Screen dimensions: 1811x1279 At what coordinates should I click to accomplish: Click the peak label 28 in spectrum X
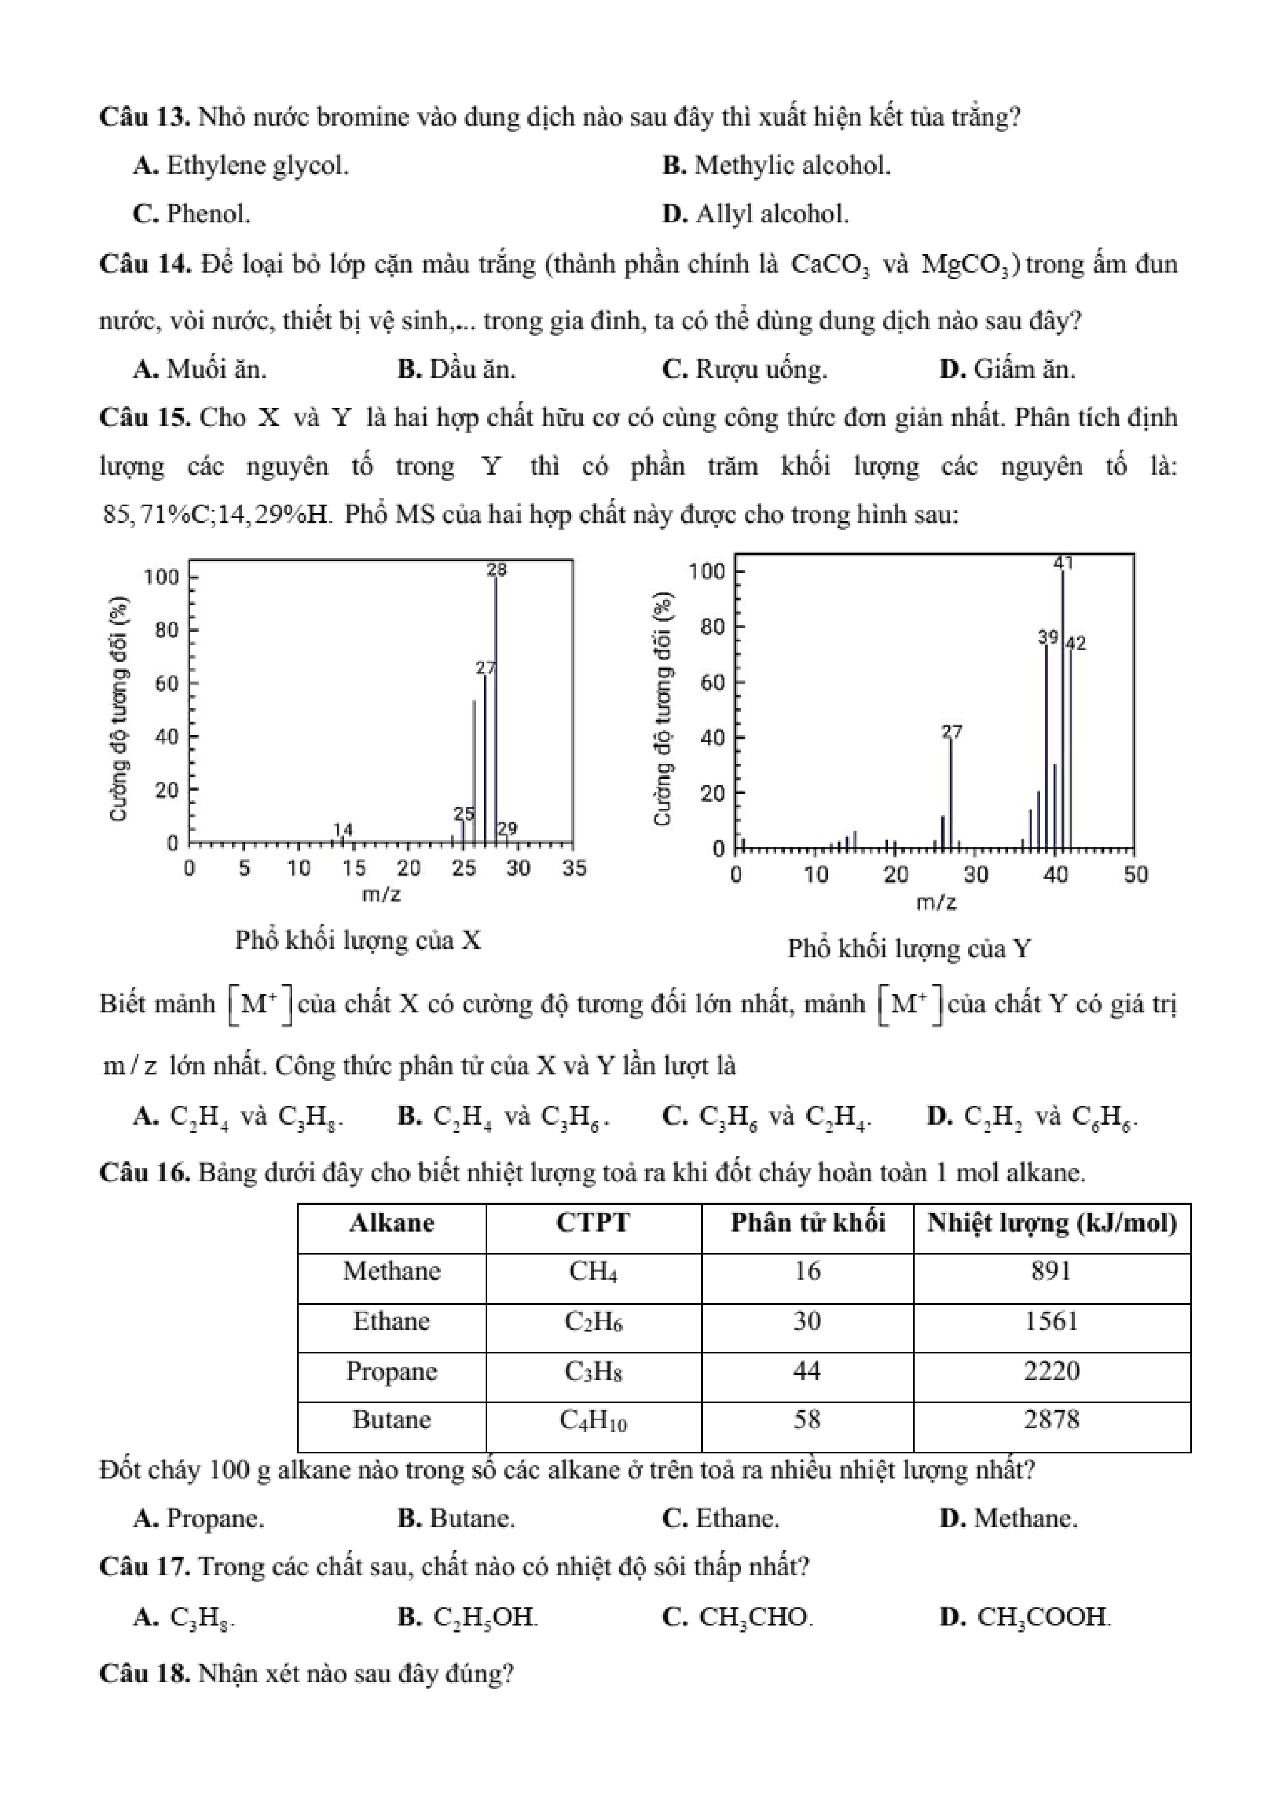pyautogui.click(x=497, y=569)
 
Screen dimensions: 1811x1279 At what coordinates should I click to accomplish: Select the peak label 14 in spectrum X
pyautogui.click(x=343, y=830)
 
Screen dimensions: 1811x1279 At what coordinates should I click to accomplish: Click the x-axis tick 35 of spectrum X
pyautogui.click(x=574, y=869)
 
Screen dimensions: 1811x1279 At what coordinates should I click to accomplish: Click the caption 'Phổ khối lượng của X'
pyautogui.click(x=358, y=940)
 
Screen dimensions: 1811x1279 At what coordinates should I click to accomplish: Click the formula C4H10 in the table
pyautogui.click(x=593, y=1420)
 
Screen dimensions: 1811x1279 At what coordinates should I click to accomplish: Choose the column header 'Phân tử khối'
pyautogui.click(x=807, y=1222)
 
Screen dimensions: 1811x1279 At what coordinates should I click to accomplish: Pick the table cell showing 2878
pyautogui.click(x=1051, y=1420)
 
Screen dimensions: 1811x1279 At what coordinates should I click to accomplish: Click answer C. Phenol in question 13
pyautogui.click(x=192, y=214)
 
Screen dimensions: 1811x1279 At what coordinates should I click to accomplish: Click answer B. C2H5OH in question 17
pyautogui.click(x=467, y=1617)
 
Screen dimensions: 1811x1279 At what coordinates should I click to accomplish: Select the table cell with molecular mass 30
pyautogui.click(x=807, y=1321)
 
